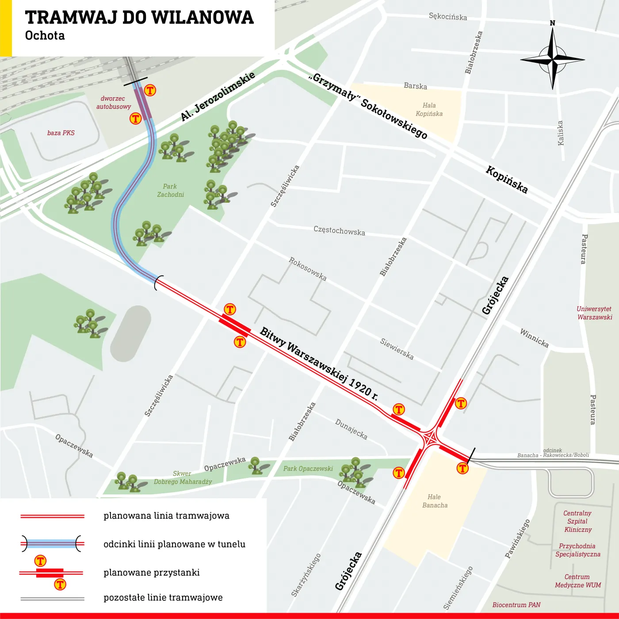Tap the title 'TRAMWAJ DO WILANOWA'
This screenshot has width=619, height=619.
coord(139,18)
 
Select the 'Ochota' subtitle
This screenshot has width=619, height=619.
coord(45,36)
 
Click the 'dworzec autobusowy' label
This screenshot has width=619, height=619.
coord(114,103)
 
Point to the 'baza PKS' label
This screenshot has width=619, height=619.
coord(61,133)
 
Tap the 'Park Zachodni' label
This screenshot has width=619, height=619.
coord(170,191)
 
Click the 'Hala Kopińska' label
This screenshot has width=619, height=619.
coord(429,110)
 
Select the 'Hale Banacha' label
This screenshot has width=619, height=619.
coord(435,501)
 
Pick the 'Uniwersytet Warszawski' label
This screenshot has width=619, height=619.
coord(595,313)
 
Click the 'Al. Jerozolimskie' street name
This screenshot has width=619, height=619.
coord(218,96)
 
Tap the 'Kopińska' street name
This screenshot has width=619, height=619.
coord(507,180)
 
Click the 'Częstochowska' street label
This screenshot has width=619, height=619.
coord(339,231)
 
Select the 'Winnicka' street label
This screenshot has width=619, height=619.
coord(534,338)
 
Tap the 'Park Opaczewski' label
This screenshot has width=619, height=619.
coord(308,469)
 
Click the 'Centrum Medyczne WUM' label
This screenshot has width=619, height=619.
coord(577,581)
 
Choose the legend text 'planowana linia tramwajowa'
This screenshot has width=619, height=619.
coord(166,516)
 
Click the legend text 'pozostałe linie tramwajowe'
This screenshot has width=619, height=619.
coord(163,598)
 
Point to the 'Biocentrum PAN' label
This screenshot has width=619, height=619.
coord(516,605)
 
